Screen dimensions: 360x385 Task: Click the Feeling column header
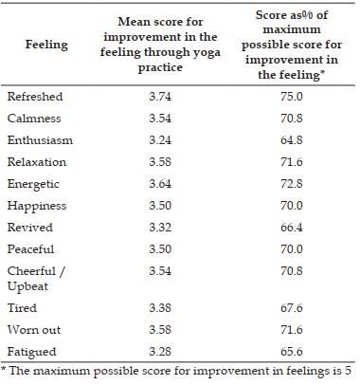(x=46, y=45)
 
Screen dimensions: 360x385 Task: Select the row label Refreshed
(x=35, y=97)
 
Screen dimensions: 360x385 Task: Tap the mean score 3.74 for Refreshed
(x=160, y=97)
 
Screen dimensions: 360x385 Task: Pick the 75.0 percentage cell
(x=292, y=97)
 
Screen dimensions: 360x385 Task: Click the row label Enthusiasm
(x=40, y=140)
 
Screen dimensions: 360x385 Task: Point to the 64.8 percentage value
(x=292, y=140)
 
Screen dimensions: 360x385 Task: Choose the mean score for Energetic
(x=160, y=184)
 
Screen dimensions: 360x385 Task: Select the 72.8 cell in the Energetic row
(x=292, y=184)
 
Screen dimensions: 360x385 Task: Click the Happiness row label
(x=37, y=206)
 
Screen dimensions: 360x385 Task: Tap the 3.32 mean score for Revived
(x=160, y=228)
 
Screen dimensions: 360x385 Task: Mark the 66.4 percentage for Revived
(x=292, y=228)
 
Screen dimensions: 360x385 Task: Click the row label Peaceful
(x=30, y=249)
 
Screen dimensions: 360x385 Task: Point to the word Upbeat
(x=27, y=286)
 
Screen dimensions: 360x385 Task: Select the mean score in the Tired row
(x=160, y=308)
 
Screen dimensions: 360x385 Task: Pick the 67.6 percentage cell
(x=292, y=308)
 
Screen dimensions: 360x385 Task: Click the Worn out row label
(x=34, y=330)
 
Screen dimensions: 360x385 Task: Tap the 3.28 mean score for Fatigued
(x=160, y=352)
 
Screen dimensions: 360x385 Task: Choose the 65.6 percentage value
(x=292, y=352)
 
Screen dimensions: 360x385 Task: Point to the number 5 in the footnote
(x=348, y=371)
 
